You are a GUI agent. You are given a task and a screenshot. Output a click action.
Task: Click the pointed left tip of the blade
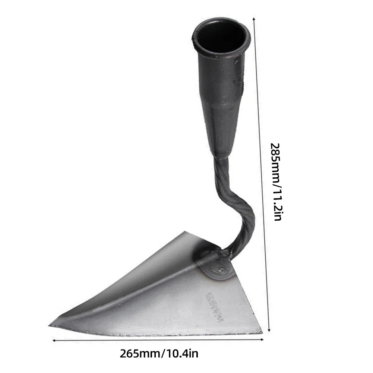tap(50, 325)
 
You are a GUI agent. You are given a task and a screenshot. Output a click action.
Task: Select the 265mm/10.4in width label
tap(159, 353)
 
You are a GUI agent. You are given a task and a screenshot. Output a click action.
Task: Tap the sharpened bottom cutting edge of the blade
tap(157, 329)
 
